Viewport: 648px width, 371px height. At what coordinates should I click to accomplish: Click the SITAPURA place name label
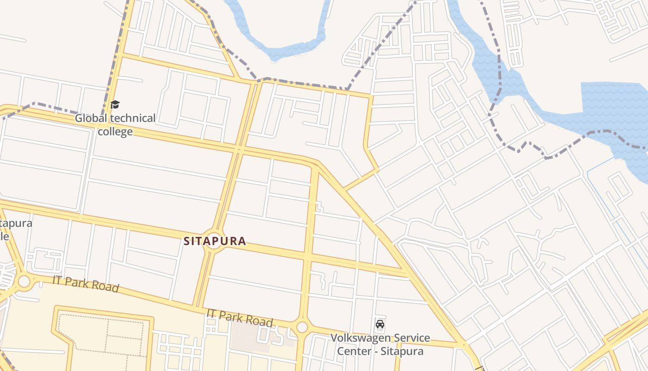point(215,241)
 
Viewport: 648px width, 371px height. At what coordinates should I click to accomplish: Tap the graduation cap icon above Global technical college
point(115,104)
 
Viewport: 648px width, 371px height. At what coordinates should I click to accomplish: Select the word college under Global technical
point(115,132)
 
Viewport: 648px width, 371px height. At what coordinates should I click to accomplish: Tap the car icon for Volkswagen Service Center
point(380,324)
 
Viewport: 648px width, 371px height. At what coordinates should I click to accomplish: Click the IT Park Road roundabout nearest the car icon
point(302,327)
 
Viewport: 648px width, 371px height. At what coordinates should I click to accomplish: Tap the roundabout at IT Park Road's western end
point(24,281)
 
